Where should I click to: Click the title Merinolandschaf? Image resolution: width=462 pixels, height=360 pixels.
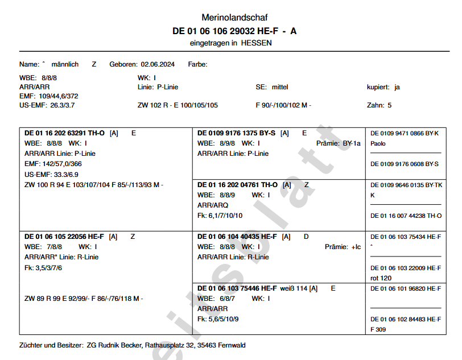tap(234, 18)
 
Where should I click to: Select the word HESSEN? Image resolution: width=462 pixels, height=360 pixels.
tap(256, 43)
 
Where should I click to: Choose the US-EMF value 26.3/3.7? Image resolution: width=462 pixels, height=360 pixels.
tap(63, 105)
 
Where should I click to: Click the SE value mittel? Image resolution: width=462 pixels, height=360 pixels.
tap(280, 87)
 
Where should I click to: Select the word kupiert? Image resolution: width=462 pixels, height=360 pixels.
tap(378, 87)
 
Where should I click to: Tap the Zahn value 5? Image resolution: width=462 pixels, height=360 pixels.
tap(390, 105)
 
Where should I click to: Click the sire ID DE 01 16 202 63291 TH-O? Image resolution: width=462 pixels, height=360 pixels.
tap(65, 133)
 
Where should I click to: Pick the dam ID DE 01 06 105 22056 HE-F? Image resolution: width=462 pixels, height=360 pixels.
tap(64, 237)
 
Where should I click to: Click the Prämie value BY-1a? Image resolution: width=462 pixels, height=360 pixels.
tap(352, 143)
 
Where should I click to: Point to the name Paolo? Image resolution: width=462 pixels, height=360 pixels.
tap(378, 144)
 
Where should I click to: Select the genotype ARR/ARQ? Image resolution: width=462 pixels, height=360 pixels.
tap(213, 205)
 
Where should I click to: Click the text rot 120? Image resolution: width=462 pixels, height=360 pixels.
tap(382, 278)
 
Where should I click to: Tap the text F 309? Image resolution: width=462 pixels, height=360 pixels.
tap(379, 329)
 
